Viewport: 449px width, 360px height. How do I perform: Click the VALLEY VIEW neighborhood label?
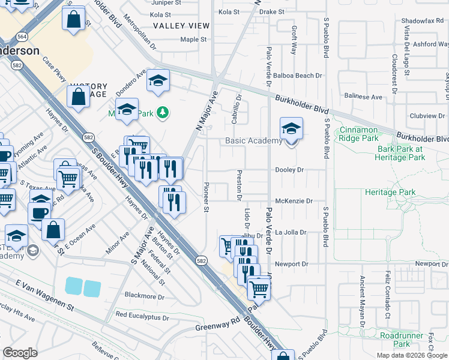[181, 26]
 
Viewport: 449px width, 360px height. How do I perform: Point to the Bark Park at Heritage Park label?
[400, 153]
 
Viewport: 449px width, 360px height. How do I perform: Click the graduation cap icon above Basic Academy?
[291, 128]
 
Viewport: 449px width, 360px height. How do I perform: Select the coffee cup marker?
[40, 212]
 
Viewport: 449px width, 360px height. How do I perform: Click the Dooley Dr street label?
[289, 170]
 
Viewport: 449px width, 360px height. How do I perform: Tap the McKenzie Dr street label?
[294, 201]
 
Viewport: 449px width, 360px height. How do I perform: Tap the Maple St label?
[193, 40]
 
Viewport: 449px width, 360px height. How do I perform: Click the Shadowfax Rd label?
[420, 20]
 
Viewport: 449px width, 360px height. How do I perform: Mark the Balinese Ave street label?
[363, 96]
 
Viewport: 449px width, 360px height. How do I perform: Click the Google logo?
[20, 353]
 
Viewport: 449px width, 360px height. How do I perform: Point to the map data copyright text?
[411, 355]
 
